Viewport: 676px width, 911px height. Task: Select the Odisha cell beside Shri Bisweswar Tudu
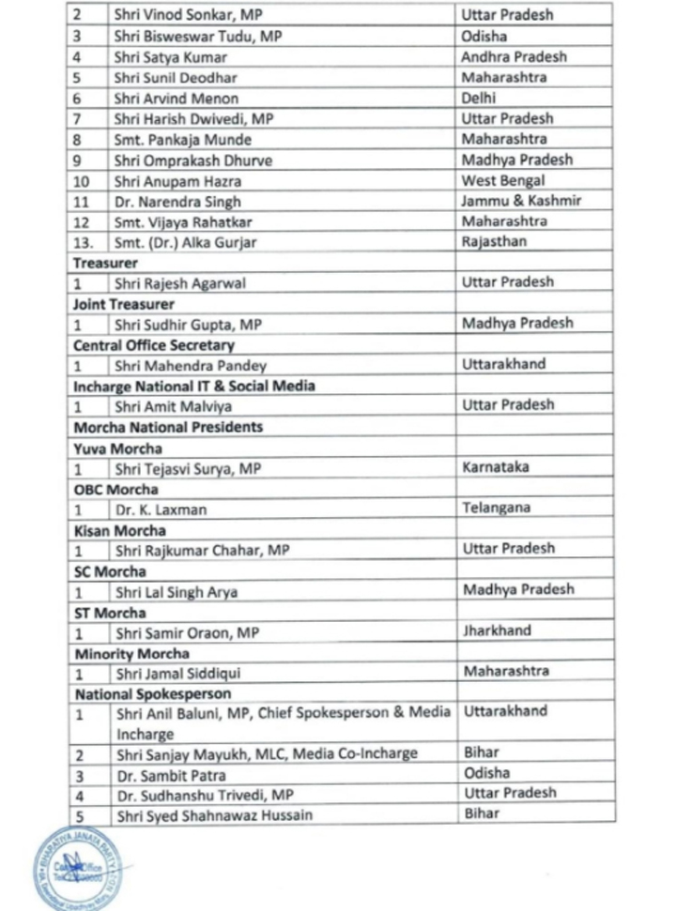[485, 37]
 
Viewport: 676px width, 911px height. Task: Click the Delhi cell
[479, 98]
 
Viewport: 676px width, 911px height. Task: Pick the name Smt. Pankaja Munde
[182, 140]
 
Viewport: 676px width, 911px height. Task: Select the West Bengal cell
[503, 180]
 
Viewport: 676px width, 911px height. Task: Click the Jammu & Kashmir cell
[521, 201]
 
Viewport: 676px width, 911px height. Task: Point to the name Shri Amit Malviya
[174, 407]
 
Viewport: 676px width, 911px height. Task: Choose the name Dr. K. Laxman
[161, 509]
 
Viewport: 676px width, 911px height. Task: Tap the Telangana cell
[496, 508]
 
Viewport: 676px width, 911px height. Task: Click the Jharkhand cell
[497, 631]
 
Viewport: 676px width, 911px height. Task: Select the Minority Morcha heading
[131, 653]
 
